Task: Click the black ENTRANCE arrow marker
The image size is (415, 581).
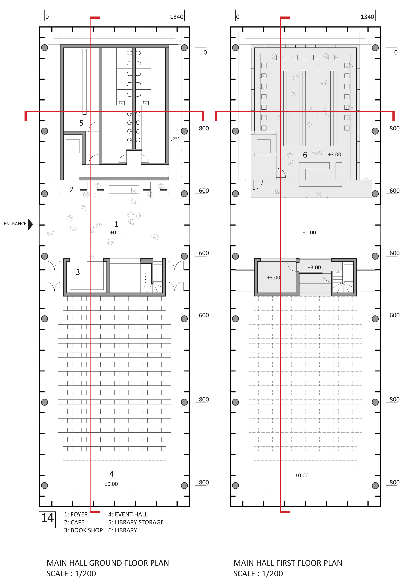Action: (30, 224)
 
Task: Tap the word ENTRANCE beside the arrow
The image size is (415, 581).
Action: (15, 224)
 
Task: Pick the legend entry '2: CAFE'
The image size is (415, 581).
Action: (74, 522)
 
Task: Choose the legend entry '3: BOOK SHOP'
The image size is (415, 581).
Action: (83, 530)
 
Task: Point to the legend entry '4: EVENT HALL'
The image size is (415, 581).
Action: (128, 514)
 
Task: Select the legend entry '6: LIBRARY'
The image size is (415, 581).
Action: (122, 530)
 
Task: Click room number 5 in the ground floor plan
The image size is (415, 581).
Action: (81, 123)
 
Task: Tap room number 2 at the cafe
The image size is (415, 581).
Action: (71, 189)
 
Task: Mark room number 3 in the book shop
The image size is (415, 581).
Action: (78, 272)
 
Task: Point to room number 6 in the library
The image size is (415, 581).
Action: (305, 155)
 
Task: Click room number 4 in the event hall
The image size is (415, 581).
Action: (112, 474)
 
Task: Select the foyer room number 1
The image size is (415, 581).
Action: (116, 224)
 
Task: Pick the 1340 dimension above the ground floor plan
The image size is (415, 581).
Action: (176, 17)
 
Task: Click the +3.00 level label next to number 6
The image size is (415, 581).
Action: (334, 154)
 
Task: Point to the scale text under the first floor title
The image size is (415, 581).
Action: (258, 574)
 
